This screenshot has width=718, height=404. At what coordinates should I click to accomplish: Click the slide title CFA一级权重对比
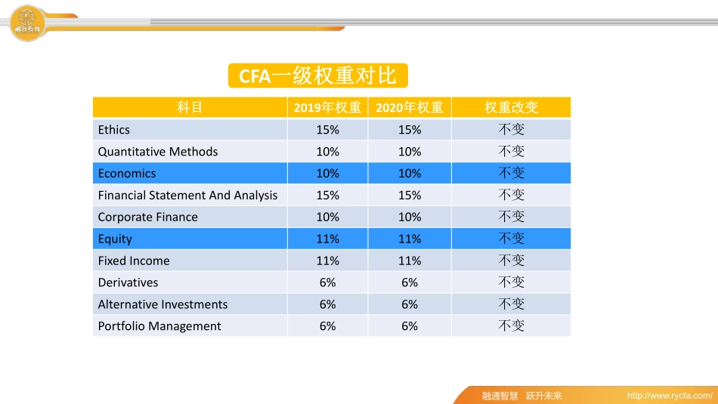tap(317, 76)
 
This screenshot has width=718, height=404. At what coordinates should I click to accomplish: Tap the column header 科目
tap(190, 108)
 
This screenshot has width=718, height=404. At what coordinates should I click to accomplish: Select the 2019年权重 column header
tap(327, 108)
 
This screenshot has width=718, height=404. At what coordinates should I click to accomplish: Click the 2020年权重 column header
tap(409, 108)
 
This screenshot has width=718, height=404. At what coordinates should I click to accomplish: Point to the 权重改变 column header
tap(511, 108)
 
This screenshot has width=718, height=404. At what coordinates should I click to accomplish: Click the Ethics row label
tap(114, 130)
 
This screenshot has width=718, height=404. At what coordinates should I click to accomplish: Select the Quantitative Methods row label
tap(158, 152)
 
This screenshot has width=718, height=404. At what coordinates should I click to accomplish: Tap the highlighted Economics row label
tap(127, 174)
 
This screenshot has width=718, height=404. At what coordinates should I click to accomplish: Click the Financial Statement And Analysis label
tap(187, 196)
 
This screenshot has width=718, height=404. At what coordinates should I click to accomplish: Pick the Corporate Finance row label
tap(148, 217)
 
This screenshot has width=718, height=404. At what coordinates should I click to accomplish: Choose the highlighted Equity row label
tap(115, 239)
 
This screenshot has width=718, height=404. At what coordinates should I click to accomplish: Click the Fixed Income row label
tap(134, 261)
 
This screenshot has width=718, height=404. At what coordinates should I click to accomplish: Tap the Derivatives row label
tap(128, 283)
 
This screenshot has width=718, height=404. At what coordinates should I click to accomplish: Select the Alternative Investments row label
tap(162, 305)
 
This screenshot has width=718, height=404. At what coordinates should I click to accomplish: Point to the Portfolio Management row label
tap(159, 327)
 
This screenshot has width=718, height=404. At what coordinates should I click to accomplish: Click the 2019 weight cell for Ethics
tap(327, 130)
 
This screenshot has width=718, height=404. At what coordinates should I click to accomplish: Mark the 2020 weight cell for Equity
tap(409, 239)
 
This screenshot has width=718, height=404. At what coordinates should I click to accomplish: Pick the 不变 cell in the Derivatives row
tap(511, 283)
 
